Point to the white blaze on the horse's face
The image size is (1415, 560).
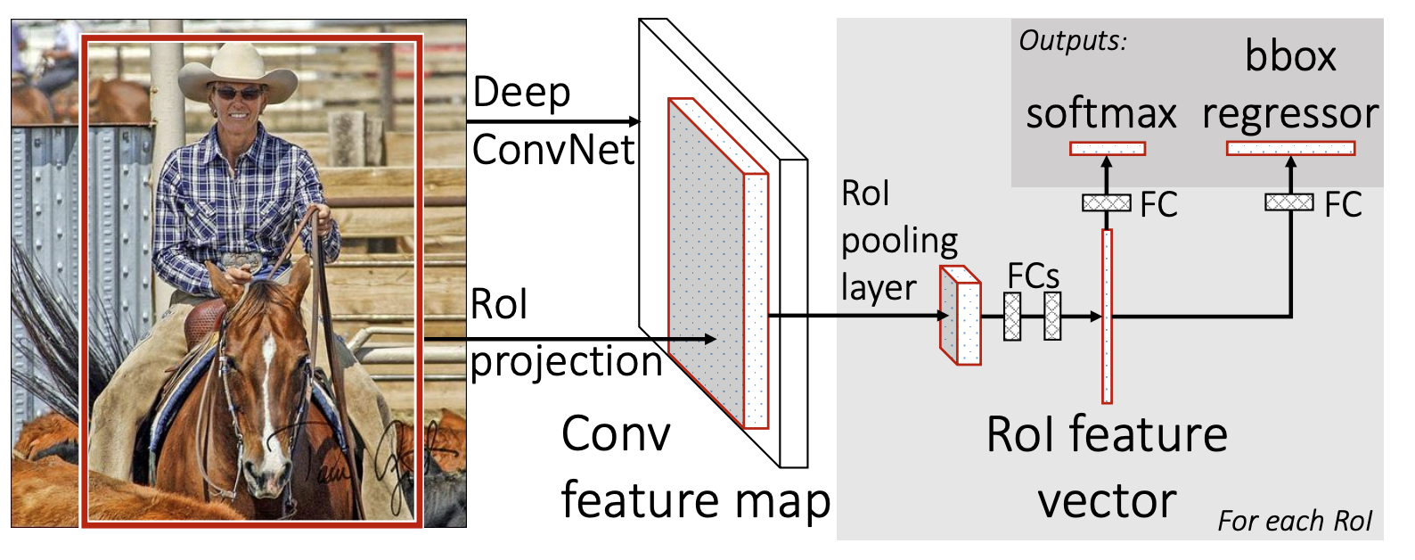coord(268,375)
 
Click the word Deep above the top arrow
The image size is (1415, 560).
coord(521,93)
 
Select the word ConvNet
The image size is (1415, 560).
coord(552,150)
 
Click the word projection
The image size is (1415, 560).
coord(566,362)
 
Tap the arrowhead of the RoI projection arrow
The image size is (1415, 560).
coord(710,339)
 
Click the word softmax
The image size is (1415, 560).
coord(1100,114)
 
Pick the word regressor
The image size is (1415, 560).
coord(1289,114)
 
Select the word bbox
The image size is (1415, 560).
coord(1290,57)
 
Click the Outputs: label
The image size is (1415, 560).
coord(1073,40)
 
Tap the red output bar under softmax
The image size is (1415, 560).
coord(1108,149)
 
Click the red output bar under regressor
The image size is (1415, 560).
coord(1290,148)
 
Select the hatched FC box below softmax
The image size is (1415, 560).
coord(1107,203)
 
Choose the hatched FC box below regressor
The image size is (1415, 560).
coord(1288,202)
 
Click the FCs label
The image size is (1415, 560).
coord(1033,276)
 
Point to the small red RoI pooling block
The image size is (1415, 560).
coord(961,316)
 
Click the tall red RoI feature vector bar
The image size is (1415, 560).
coord(1107,317)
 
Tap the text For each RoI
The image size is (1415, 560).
coord(1295,521)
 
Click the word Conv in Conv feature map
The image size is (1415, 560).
coord(616,434)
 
